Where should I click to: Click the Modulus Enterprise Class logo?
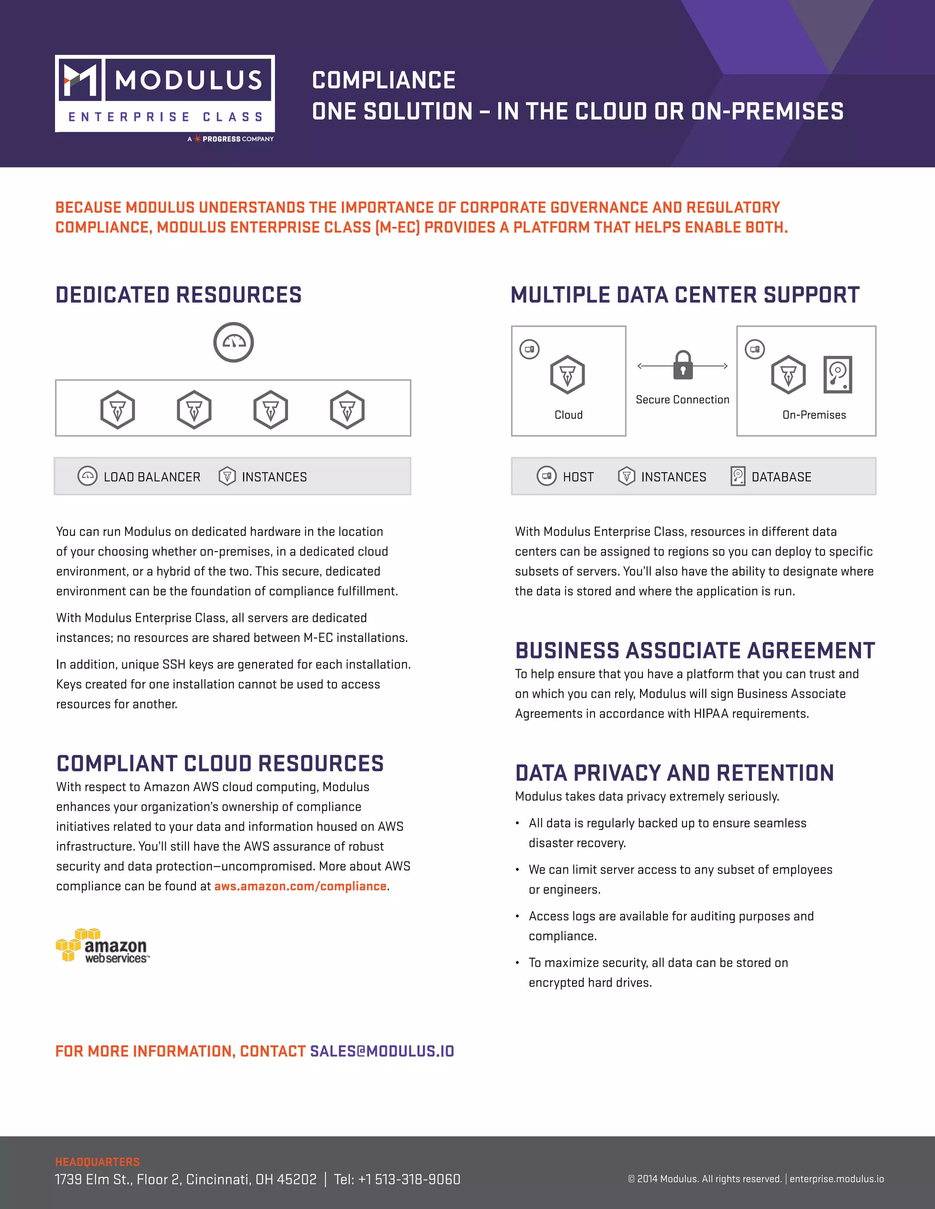coord(164,94)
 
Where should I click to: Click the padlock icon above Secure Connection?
coord(683,365)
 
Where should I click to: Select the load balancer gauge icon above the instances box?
coord(234,342)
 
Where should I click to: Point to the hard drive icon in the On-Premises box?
coord(837,375)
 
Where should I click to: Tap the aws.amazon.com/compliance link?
coord(300,886)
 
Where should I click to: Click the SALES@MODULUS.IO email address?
coord(382,1051)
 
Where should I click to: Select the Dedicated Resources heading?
coord(179,295)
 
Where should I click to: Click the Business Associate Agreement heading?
coord(694,651)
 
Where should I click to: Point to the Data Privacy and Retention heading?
coord(674,773)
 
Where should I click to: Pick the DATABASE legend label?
coord(781,477)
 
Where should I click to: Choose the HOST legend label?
coord(578,477)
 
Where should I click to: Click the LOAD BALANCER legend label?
coord(152,477)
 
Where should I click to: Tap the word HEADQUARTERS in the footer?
coord(98,1162)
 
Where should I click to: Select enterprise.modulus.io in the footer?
coord(836,1178)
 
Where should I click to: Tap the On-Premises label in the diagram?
coord(814,415)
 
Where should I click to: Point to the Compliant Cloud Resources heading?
coord(220,763)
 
